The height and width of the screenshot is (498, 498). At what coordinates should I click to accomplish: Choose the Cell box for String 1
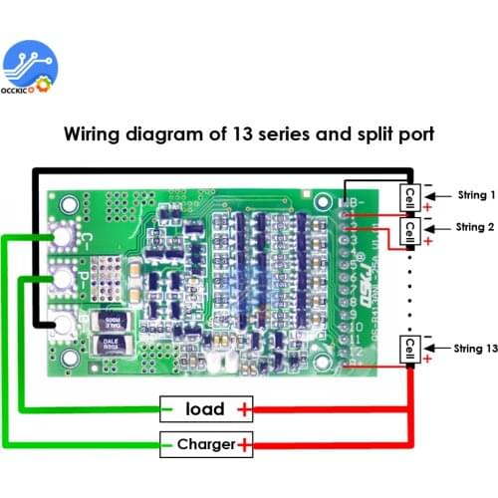coord(409,196)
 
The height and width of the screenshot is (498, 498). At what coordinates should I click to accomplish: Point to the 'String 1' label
coord(475,196)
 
